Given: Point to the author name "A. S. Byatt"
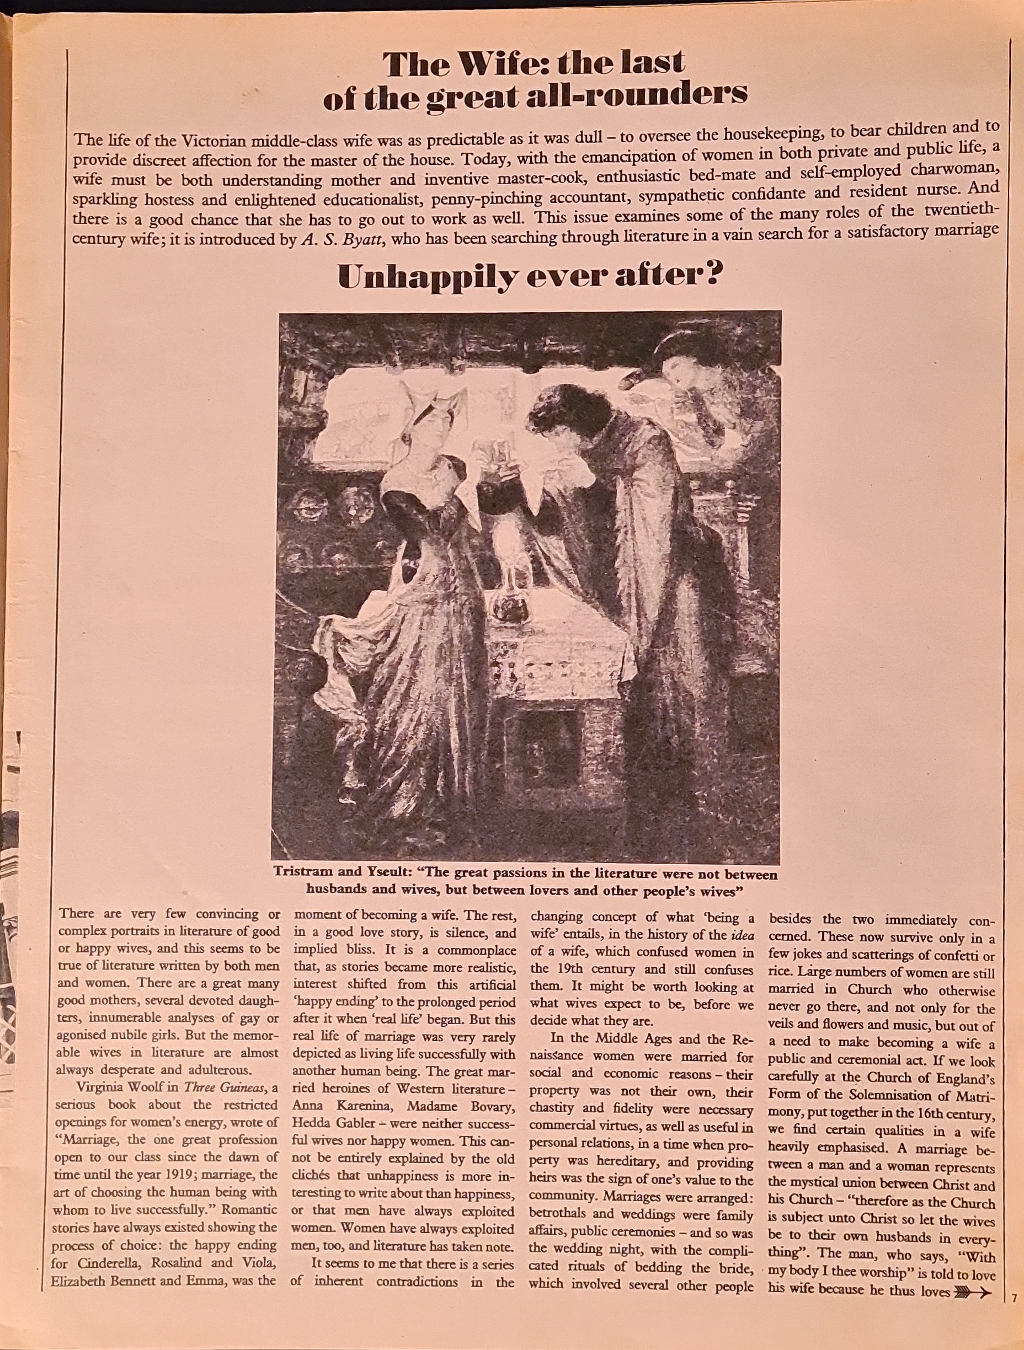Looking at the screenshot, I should click(343, 240).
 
